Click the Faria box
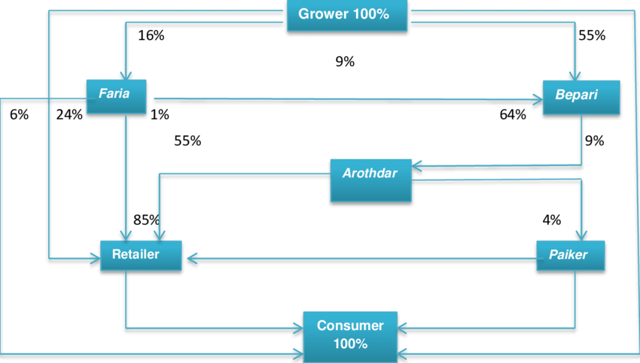[x=116, y=96]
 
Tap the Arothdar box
[x=370, y=180]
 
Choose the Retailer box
[x=141, y=256]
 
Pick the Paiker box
[x=571, y=256]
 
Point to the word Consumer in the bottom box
[x=350, y=326]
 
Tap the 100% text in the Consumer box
[x=350, y=344]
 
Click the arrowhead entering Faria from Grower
[x=125, y=74]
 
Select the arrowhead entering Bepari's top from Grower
[x=574, y=75]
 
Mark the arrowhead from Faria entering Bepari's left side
[x=537, y=99]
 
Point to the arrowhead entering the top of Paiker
[x=581, y=235]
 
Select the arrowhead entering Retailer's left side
[x=94, y=259]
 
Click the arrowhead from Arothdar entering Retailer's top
[x=158, y=235]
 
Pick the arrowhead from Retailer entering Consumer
[x=297, y=328]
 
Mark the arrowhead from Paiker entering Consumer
[x=403, y=328]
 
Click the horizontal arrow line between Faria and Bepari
[x=339, y=98]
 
